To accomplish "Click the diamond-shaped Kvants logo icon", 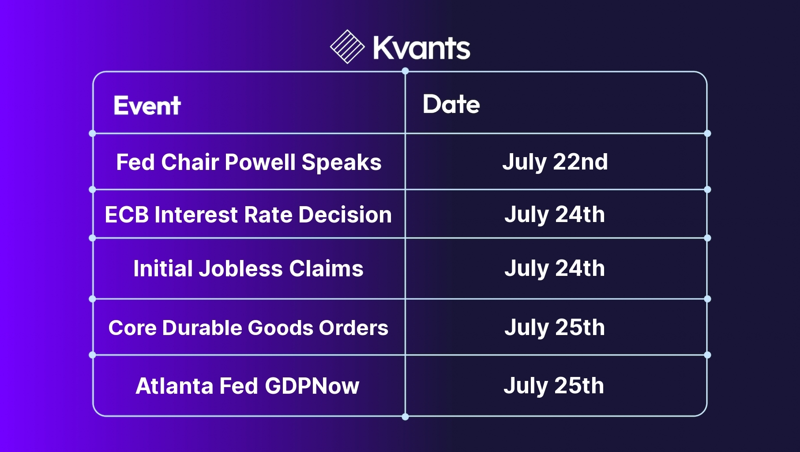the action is pyautogui.click(x=347, y=47).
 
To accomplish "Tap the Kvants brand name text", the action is pyautogui.click(x=422, y=48).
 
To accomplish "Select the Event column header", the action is pyautogui.click(x=147, y=105).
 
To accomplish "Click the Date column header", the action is pyautogui.click(x=451, y=104).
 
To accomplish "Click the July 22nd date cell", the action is pyautogui.click(x=555, y=162).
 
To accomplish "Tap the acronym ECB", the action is pyautogui.click(x=127, y=215).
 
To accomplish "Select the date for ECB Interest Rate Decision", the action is pyautogui.click(x=555, y=215).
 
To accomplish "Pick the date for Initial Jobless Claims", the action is pyautogui.click(x=555, y=269).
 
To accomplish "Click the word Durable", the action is pyautogui.click(x=202, y=328).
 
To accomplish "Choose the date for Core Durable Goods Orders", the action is pyautogui.click(x=555, y=328).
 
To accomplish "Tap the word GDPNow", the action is pyautogui.click(x=312, y=386).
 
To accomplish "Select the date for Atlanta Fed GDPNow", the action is pyautogui.click(x=554, y=386).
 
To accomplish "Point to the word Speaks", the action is pyautogui.click(x=342, y=163).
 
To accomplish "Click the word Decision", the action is pyautogui.click(x=345, y=215).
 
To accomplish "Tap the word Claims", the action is pyautogui.click(x=326, y=269).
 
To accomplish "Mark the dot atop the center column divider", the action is pyautogui.click(x=405, y=71).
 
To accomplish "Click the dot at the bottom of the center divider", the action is pyautogui.click(x=405, y=417).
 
